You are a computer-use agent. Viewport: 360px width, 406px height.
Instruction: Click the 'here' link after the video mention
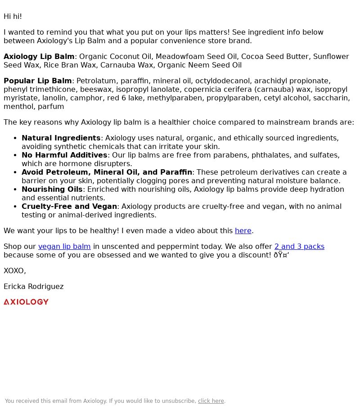pyautogui.click(x=243, y=231)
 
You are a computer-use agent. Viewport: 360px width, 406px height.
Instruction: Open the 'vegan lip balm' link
pyautogui.click(x=64, y=247)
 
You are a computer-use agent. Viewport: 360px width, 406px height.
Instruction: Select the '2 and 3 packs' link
pyautogui.click(x=299, y=247)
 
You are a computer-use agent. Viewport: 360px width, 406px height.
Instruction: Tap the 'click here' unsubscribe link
pyautogui.click(x=211, y=401)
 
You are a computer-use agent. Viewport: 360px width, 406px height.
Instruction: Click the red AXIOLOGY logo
pyautogui.click(x=26, y=302)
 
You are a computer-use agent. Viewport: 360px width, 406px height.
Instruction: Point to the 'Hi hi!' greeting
pyautogui.click(x=13, y=17)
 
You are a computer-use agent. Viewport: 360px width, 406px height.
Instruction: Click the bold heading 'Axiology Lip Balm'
pyautogui.click(x=39, y=57)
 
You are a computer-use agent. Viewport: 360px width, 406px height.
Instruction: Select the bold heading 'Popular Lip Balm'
pyautogui.click(x=37, y=81)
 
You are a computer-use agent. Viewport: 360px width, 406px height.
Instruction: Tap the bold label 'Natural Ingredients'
pyautogui.click(x=61, y=138)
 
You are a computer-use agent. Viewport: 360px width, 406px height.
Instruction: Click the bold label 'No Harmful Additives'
pyautogui.click(x=64, y=155)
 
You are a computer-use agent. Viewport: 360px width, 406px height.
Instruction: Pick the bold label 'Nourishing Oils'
pyautogui.click(x=52, y=189)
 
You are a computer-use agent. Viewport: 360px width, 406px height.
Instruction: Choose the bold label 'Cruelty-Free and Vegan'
pyautogui.click(x=69, y=207)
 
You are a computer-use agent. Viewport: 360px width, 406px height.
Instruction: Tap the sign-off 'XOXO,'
pyautogui.click(x=15, y=271)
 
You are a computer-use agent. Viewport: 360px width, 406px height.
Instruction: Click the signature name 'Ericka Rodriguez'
pyautogui.click(x=33, y=287)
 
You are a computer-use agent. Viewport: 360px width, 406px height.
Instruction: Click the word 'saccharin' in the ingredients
pyautogui.click(x=330, y=98)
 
